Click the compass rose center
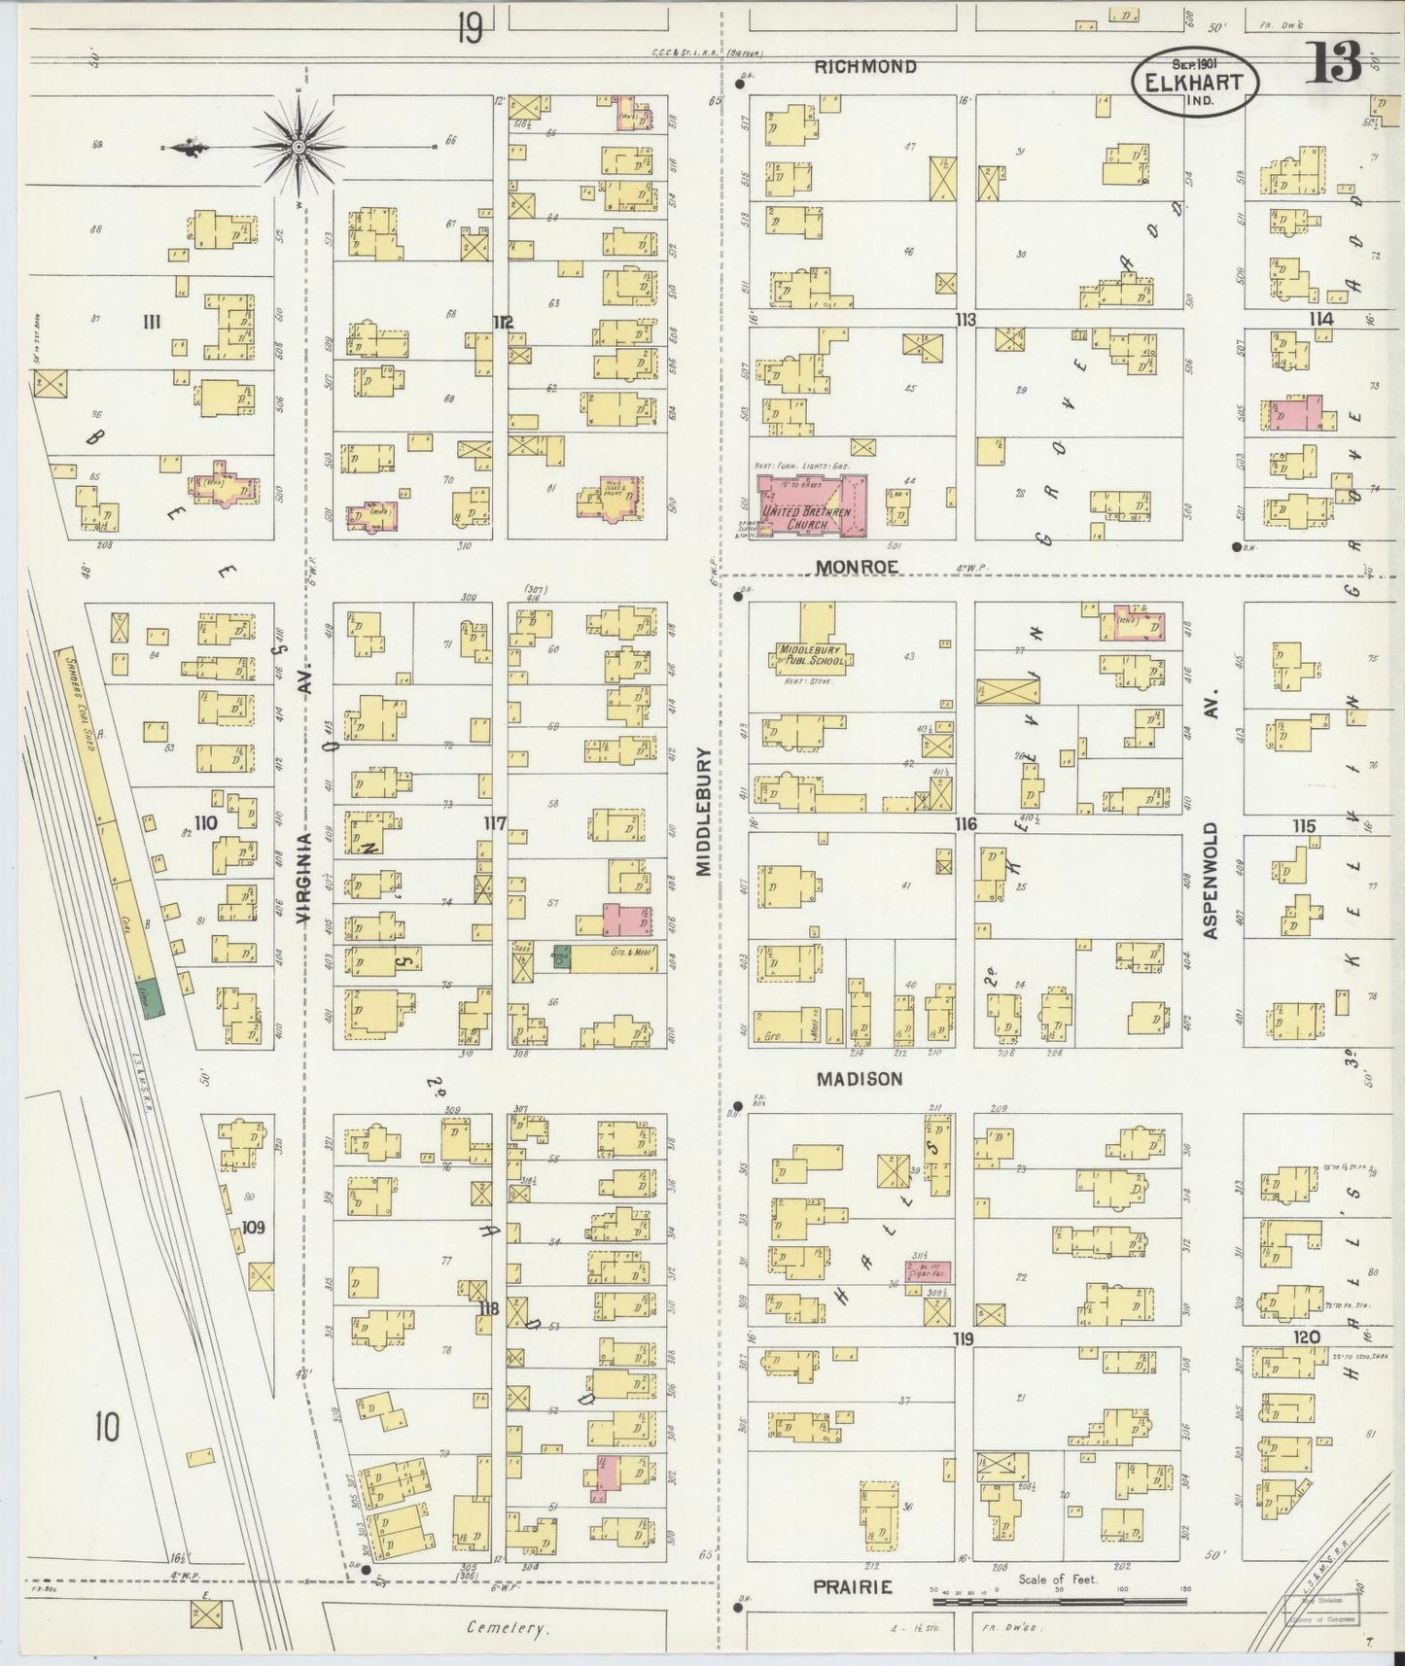click(x=299, y=147)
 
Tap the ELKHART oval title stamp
click(x=1194, y=82)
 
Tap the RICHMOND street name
click(x=864, y=67)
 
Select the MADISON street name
click(x=859, y=1079)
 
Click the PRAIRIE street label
click(x=853, y=1586)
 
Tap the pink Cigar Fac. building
click(x=928, y=1270)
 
